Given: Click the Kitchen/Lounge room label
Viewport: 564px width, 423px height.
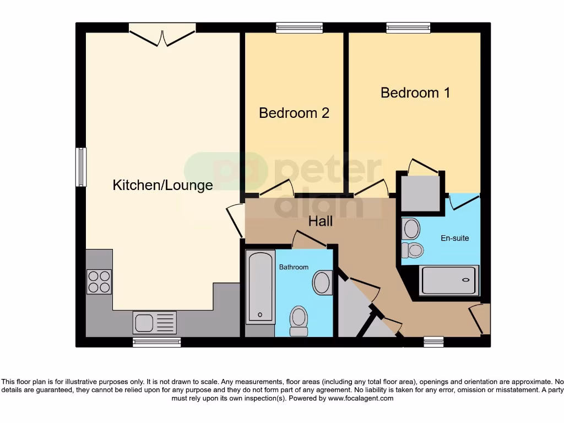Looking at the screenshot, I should click(162, 185).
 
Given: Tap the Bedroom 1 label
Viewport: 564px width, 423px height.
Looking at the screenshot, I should click(415, 93).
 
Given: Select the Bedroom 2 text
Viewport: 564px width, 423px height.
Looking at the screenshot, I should click(294, 113).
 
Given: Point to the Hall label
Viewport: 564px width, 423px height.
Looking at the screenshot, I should click(320, 221).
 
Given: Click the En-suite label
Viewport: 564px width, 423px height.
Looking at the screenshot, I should click(454, 238).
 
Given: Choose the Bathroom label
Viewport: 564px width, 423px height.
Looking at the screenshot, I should click(294, 267).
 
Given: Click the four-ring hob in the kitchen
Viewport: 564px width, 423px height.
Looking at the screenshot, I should click(99, 281).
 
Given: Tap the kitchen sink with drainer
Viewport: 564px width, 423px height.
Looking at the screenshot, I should click(154, 322).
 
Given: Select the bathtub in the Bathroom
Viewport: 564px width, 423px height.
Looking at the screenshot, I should click(260, 286).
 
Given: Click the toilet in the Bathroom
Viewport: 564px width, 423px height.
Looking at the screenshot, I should click(299, 321).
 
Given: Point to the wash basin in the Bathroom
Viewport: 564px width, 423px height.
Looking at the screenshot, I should click(322, 283).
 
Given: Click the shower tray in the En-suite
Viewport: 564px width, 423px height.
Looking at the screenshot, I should click(449, 280).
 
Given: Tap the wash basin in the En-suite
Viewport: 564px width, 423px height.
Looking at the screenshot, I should click(410, 228).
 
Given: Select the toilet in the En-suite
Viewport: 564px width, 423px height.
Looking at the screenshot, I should click(413, 251).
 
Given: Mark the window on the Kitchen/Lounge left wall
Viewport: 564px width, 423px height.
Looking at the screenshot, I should click(81, 167).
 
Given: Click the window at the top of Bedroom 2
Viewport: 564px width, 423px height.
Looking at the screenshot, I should click(299, 28).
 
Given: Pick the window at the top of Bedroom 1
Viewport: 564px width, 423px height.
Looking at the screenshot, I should click(408, 28).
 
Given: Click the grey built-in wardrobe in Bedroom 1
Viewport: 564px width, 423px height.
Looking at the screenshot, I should click(420, 193).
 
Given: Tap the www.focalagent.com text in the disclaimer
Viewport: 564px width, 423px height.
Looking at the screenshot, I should click(360, 398).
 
